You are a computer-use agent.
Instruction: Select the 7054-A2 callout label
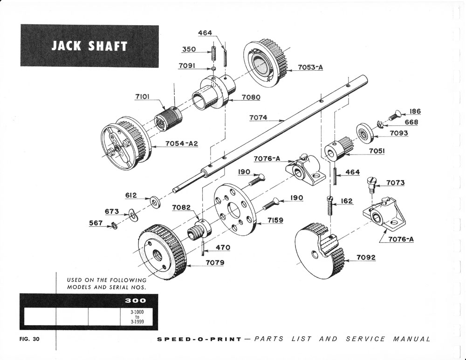182,143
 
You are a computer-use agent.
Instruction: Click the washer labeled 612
154,202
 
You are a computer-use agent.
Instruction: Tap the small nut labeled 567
113,226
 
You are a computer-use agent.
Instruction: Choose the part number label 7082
181,207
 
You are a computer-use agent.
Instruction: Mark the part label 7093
398,133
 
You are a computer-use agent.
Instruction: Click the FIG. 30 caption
30,339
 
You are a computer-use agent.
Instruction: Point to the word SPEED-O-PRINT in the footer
199,339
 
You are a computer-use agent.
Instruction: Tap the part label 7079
215,263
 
